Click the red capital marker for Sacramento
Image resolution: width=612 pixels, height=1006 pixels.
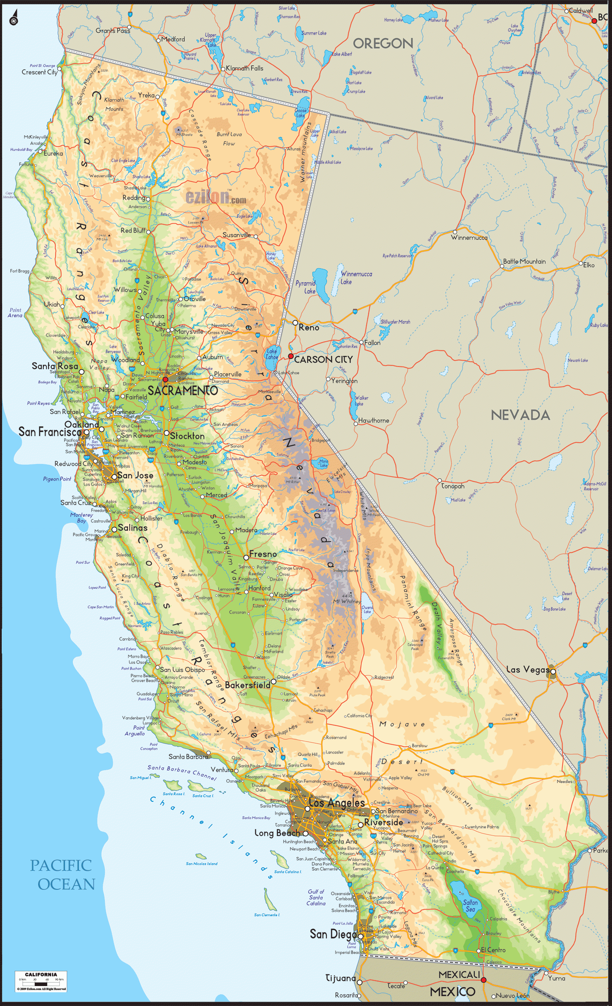coord(165,379)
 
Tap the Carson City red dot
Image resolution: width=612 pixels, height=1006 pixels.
coord(291,356)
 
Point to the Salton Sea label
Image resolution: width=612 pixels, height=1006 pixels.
coord(470,905)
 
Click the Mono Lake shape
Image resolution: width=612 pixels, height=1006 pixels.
coord(323,463)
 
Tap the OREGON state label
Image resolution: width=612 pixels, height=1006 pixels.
coord(383,43)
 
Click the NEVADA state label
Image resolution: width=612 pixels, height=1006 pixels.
coord(520,415)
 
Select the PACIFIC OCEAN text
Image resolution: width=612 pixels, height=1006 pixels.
coord(62,875)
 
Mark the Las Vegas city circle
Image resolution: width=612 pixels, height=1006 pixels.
coord(553,672)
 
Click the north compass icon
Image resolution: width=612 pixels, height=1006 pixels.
coord(14,20)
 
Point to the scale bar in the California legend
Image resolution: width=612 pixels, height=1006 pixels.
coord(41,984)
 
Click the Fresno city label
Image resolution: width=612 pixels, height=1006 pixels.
coord(263,554)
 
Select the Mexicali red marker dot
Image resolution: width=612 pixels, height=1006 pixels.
coord(484,980)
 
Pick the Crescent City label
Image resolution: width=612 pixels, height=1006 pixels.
coord(39,72)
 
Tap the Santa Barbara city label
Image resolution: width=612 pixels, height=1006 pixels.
coord(188,757)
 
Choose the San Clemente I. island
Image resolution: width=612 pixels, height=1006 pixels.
coord(270,899)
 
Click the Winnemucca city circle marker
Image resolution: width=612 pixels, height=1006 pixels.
coord(455,232)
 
